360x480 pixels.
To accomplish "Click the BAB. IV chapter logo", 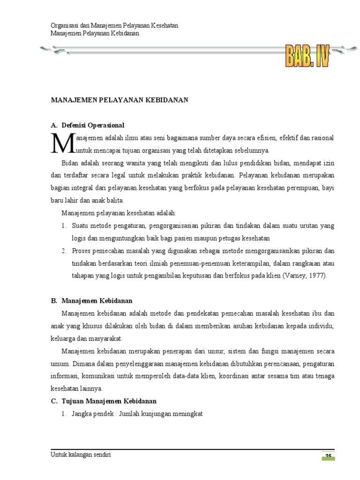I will [x=307, y=56].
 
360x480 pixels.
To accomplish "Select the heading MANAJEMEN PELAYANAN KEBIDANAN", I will [x=119, y=100].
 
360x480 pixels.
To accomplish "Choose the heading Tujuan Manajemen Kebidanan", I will [x=109, y=401].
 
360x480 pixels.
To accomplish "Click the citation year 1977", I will [x=317, y=276].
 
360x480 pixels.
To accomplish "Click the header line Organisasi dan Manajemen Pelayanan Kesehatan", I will [x=114, y=25].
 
